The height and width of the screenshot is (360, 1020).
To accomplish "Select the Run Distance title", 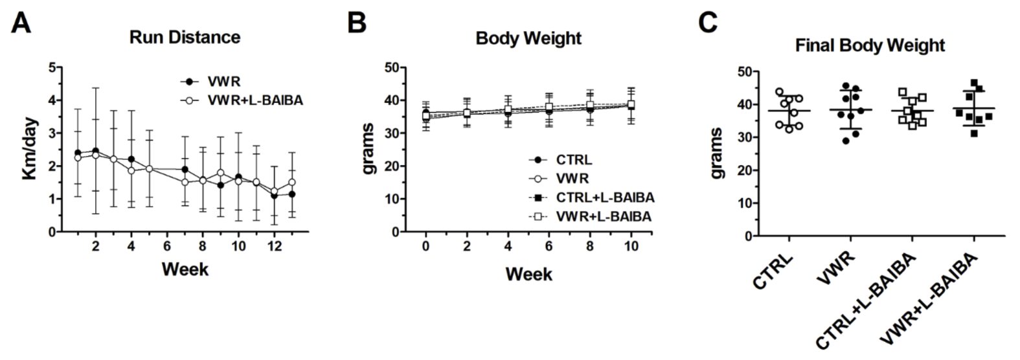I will (x=185, y=37).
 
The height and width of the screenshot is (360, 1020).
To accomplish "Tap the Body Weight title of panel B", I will (x=528, y=38).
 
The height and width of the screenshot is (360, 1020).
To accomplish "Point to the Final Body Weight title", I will (x=870, y=46).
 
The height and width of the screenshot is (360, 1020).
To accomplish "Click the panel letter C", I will (x=707, y=23).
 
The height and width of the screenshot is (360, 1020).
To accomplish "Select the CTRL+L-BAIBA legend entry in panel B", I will (x=603, y=197).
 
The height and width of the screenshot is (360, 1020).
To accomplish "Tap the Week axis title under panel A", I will (x=185, y=269).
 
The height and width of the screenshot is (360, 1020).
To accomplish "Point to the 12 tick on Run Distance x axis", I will (x=274, y=247).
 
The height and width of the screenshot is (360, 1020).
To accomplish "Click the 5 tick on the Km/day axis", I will (x=50, y=67).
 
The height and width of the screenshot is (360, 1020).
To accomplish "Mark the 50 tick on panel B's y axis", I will (x=391, y=67).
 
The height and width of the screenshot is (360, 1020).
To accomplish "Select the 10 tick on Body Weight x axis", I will (x=631, y=247).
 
